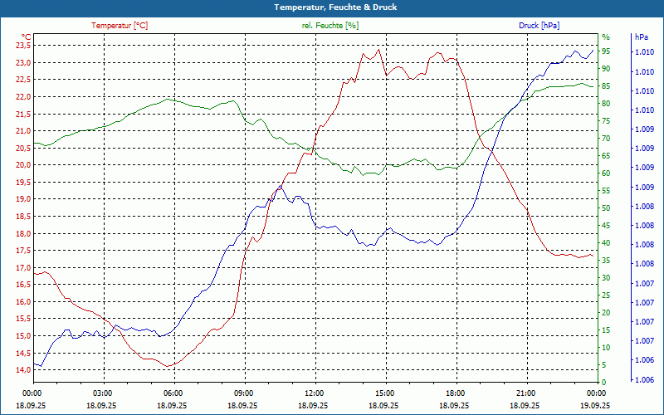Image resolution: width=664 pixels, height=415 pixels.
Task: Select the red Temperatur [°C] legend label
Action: click(x=120, y=26)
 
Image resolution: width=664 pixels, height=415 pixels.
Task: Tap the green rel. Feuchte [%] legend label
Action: click(x=330, y=26)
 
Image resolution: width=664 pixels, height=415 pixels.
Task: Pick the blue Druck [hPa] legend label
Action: click(x=539, y=26)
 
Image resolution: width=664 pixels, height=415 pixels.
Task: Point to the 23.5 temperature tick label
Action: click(x=22, y=46)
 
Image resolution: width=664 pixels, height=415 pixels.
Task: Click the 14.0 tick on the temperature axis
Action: click(x=22, y=370)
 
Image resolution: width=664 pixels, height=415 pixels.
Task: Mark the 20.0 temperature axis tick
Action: click(x=22, y=165)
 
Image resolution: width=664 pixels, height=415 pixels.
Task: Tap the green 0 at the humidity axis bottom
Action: click(x=604, y=383)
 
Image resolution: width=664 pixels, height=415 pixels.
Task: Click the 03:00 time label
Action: click(x=102, y=393)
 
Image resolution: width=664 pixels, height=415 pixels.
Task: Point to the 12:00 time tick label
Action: click(x=314, y=393)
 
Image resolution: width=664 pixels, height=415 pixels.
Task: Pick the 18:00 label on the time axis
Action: click(x=455, y=393)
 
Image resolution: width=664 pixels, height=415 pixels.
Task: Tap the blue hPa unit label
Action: click(x=642, y=37)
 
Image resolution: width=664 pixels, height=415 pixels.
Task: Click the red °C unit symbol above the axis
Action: click(x=27, y=37)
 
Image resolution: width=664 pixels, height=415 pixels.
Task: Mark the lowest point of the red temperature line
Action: click(x=168, y=366)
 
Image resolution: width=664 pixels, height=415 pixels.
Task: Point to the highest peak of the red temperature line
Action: click(x=379, y=50)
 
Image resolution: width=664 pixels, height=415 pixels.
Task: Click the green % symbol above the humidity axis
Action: click(x=606, y=37)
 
